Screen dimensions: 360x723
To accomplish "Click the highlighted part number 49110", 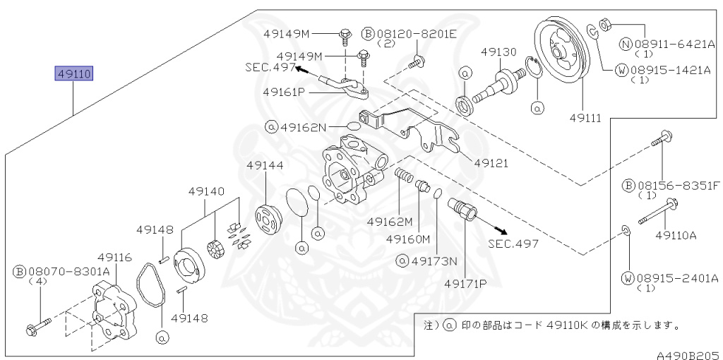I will click(x=74, y=73).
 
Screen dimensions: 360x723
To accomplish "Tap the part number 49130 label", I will click(x=499, y=52).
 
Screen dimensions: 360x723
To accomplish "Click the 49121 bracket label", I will click(x=491, y=162).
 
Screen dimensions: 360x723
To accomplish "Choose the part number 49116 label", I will click(x=114, y=258).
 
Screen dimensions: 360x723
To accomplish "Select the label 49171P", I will click(x=466, y=284).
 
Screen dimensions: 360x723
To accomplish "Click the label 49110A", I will click(x=676, y=234).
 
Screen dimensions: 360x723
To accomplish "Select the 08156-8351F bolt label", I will click(x=676, y=185).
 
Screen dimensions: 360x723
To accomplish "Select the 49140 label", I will click(x=206, y=191).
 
